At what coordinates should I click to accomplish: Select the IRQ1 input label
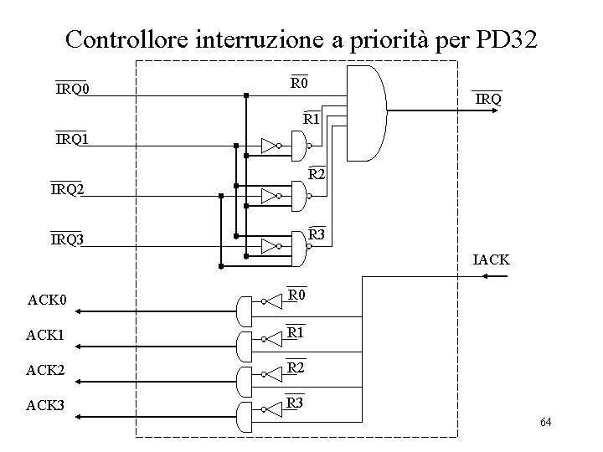click(73, 139)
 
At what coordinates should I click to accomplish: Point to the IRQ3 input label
click(67, 240)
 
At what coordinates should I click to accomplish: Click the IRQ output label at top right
click(488, 100)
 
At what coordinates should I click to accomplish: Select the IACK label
click(491, 260)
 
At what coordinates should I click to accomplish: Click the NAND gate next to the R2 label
click(299, 197)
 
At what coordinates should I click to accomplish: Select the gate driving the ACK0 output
click(245, 311)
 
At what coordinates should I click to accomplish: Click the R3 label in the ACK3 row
click(295, 403)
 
